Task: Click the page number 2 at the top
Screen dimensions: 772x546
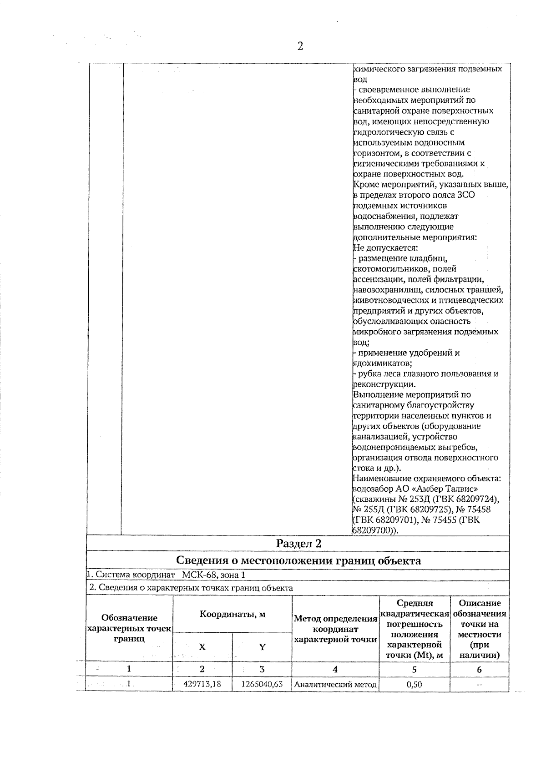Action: point(300,46)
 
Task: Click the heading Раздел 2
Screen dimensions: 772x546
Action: point(298,543)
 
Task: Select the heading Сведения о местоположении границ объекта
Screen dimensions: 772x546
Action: point(298,560)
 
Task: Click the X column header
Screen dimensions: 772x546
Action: point(202,647)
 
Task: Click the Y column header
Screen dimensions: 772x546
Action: point(262,647)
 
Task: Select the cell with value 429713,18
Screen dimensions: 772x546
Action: point(202,684)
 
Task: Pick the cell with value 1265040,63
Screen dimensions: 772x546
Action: point(263,684)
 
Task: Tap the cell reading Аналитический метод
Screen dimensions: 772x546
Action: point(335,684)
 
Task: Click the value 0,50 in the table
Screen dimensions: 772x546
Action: point(414,684)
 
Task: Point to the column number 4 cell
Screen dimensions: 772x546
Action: point(335,669)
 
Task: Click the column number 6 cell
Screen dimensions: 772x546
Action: point(479,669)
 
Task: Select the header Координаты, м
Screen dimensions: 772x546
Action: point(233,614)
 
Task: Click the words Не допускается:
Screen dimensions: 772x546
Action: point(385,248)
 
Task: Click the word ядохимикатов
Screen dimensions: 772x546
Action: point(382,363)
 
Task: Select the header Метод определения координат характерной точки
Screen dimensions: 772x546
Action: point(335,629)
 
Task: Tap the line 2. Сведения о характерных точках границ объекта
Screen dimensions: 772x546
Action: point(191,588)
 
